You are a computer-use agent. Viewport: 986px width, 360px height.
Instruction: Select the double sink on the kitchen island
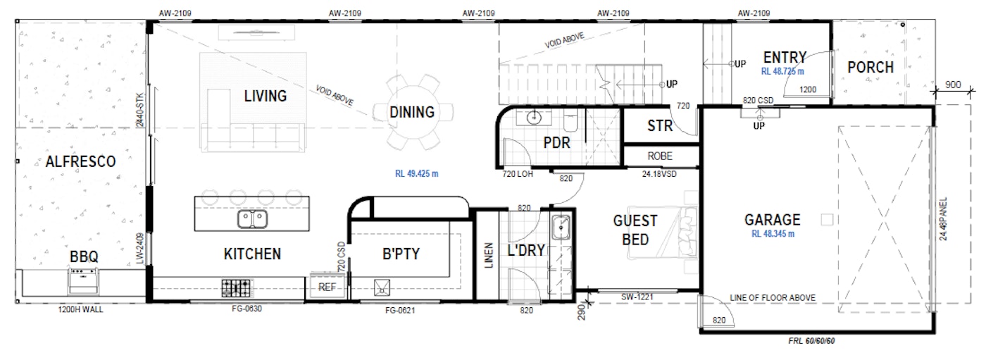(x=251, y=219)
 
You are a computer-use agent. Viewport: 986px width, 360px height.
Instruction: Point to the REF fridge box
(x=327, y=287)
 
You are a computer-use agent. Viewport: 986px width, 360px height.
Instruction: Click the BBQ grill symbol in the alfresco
(x=83, y=280)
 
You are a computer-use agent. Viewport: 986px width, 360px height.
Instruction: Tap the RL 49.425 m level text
(x=420, y=173)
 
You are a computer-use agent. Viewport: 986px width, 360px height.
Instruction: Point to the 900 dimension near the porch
(x=953, y=85)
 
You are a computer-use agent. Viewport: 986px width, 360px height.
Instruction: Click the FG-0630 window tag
(x=246, y=308)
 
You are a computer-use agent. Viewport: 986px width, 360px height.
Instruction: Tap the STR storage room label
(x=660, y=127)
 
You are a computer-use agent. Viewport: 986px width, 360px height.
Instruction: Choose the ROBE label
(x=659, y=156)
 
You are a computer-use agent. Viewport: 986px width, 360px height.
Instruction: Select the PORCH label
(x=870, y=68)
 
